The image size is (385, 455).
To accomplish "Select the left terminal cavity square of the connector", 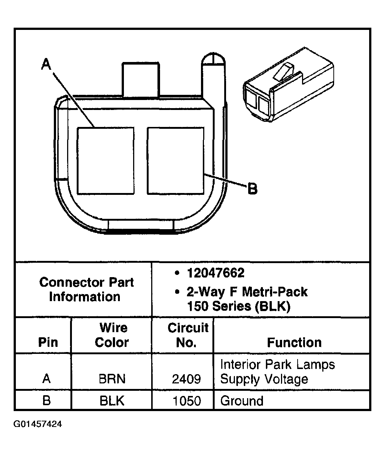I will click(x=105, y=161).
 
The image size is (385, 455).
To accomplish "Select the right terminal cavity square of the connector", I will click(x=176, y=161).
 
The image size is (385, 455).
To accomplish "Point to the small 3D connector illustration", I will click(x=288, y=87).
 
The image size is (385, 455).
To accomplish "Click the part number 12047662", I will click(x=215, y=273).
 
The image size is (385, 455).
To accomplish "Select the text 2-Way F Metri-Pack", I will click(x=247, y=292).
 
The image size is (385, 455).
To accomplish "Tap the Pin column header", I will click(x=48, y=342).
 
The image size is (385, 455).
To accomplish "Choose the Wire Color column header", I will click(x=112, y=335).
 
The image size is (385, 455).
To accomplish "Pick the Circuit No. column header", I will click(x=187, y=335).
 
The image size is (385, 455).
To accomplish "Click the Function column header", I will click(x=294, y=342).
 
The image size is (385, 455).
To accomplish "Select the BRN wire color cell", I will click(x=112, y=379).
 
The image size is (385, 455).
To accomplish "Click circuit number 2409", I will click(x=187, y=379).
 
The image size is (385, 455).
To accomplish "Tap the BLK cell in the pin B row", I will click(x=112, y=401).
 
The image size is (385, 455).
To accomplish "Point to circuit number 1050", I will click(x=187, y=401).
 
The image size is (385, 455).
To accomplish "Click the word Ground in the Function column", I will click(x=242, y=401).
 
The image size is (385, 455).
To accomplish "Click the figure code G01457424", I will click(x=38, y=424).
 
